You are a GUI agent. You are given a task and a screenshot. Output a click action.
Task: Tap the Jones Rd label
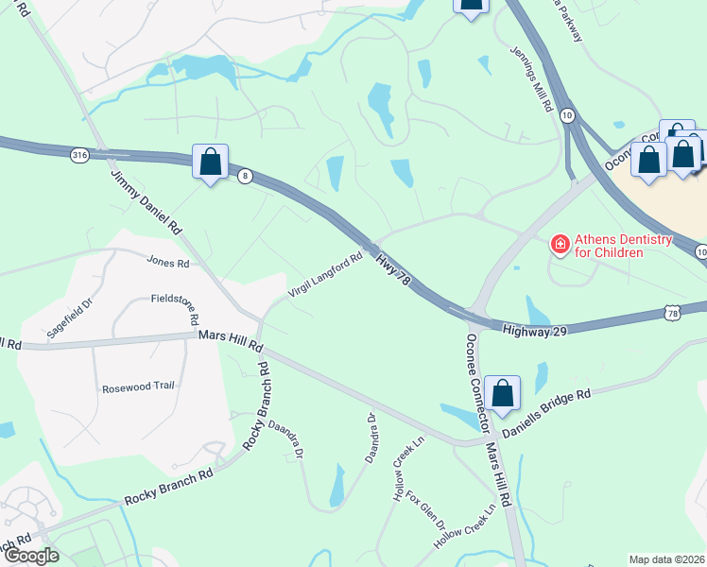[x=168, y=262]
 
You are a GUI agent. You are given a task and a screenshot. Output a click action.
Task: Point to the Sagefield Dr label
[x=71, y=319]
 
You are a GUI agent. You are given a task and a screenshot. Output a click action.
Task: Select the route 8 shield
[x=244, y=178]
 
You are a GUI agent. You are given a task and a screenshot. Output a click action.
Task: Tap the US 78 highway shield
[x=671, y=313]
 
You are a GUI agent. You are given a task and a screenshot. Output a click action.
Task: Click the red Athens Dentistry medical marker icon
[x=560, y=245]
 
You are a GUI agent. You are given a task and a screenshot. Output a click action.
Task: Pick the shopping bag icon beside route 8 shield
[x=209, y=162]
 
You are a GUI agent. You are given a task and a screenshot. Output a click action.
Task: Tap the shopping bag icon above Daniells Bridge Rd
[x=503, y=392]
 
